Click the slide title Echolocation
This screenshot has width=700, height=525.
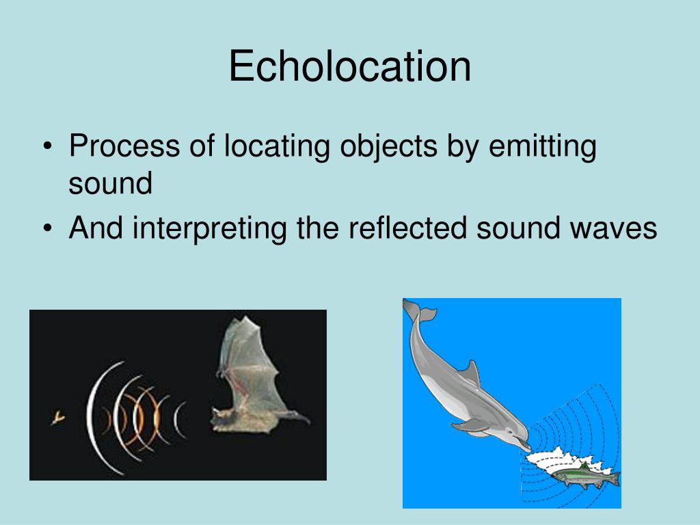point(349,67)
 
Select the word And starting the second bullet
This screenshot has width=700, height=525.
point(96,228)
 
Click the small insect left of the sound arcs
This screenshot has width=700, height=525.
point(57,416)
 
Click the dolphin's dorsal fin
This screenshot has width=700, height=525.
point(470,375)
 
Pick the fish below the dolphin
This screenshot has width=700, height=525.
point(584,475)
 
